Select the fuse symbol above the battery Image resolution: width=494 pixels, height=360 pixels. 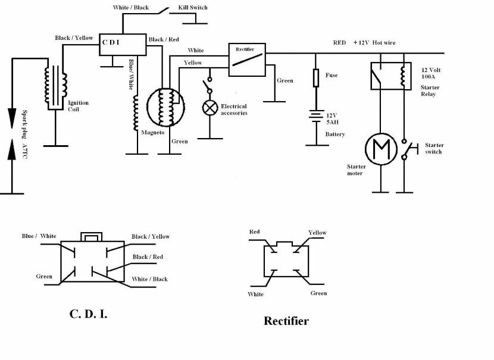tap(316, 78)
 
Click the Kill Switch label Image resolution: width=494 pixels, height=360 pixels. tap(193, 8)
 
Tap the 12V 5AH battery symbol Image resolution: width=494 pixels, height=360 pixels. tap(316, 115)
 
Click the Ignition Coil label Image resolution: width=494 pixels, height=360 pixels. tap(78, 106)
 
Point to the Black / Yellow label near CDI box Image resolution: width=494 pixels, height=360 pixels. tap(74, 38)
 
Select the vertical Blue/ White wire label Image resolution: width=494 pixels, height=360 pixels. tap(131, 74)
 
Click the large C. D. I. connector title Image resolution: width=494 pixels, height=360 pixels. tap(88, 314)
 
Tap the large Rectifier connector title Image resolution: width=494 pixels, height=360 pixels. tap(286, 321)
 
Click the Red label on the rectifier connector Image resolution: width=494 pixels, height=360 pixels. tap(255, 232)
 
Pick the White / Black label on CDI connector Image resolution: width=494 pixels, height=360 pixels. tap(149, 279)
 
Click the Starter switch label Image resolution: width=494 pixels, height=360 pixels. tap(434, 148)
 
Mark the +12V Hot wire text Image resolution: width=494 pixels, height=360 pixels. tap(374, 42)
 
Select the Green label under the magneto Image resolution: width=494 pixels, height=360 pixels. tap(180, 142)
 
